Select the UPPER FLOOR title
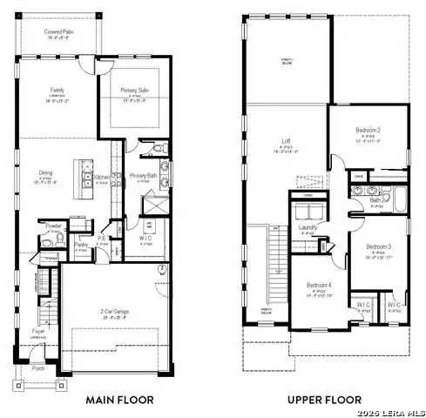coord(325,401)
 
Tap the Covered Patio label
coord(58,31)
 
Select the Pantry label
coord(80,246)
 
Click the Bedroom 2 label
coord(367,131)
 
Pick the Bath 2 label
coord(376,200)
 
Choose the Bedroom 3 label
coord(376,246)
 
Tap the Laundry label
coord(306,227)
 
